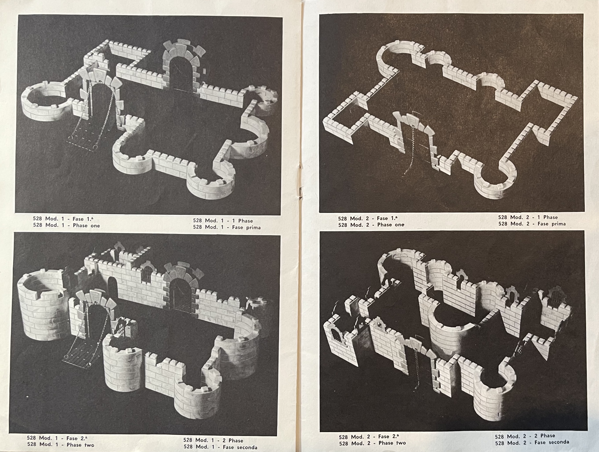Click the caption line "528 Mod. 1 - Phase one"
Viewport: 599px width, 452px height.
pos(66,226)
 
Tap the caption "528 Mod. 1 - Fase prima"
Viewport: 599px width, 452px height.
pos(227,227)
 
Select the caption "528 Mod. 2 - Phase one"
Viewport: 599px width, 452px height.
pos(371,225)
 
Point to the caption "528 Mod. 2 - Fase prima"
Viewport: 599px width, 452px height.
pos(532,224)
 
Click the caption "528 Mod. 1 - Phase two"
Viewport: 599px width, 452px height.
pos(61,445)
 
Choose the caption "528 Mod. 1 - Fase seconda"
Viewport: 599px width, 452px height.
pos(220,447)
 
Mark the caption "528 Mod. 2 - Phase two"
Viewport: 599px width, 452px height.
pos(372,443)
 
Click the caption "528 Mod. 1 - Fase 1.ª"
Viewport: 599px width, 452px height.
pos(63,219)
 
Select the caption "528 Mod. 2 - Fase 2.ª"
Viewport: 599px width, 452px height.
pos(369,437)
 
